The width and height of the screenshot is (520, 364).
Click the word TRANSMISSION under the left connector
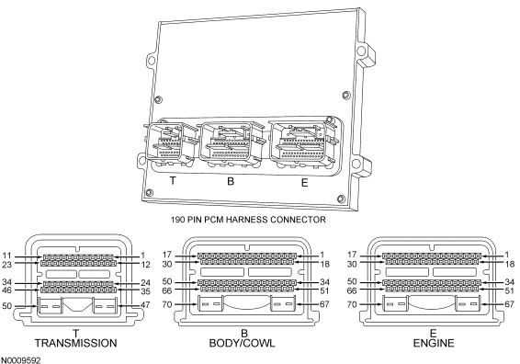[x=76, y=343]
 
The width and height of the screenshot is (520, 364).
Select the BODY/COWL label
[x=243, y=343]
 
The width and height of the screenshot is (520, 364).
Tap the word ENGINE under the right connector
[x=434, y=343]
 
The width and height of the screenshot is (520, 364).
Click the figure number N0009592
[x=20, y=360]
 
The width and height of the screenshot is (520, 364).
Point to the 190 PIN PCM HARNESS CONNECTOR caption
[x=248, y=220]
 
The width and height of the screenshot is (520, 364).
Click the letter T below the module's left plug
[x=173, y=181]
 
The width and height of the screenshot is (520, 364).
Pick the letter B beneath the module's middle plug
[x=231, y=181]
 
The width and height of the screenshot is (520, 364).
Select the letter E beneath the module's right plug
[x=304, y=183]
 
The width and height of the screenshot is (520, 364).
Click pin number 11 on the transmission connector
[x=6, y=256]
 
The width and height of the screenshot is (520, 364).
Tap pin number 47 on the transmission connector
[x=145, y=304]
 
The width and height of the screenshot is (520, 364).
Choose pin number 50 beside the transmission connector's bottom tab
[x=7, y=305]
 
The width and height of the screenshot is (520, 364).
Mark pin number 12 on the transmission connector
[x=145, y=265]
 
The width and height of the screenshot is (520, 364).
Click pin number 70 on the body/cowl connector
[x=167, y=304]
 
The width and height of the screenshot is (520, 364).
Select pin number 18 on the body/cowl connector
[x=324, y=264]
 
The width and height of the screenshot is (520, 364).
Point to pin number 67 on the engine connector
[x=509, y=304]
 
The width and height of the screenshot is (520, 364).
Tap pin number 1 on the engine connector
[x=507, y=255]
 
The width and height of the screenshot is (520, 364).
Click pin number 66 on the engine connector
[x=352, y=290]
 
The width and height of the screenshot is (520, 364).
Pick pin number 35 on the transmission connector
[x=145, y=291]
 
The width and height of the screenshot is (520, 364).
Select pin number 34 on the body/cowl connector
[x=324, y=282]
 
